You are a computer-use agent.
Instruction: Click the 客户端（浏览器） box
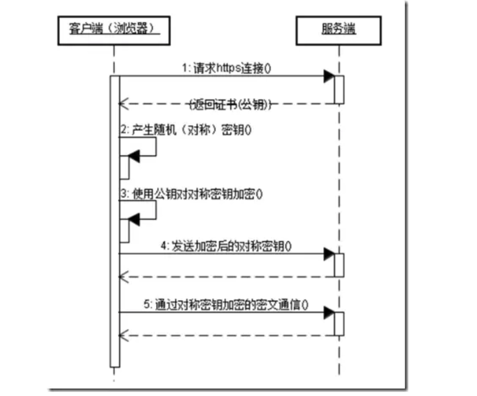point(113,30)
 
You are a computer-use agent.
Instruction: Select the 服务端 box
point(338,30)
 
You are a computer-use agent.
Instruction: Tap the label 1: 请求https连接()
point(226,68)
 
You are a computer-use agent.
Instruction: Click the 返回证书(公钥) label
point(231,104)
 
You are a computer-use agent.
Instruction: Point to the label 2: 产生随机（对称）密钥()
point(185,130)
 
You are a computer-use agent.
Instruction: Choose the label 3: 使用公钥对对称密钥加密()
point(191,194)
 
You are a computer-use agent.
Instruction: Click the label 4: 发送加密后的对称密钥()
point(226,246)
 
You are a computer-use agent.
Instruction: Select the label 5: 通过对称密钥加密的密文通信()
point(226,304)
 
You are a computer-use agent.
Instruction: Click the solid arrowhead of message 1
point(329,76)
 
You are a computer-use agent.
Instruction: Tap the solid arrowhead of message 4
point(329,254)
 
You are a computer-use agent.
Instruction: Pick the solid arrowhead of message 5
point(329,312)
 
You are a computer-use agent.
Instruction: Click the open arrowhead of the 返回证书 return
point(123,104)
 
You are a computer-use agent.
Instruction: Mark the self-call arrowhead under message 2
point(134,156)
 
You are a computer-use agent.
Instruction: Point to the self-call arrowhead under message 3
point(134,219)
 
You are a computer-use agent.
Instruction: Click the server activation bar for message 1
point(339,90)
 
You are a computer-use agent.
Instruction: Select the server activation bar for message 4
point(339,265)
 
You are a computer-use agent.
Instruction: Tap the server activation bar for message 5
point(339,324)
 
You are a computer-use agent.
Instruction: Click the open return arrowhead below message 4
point(123,277)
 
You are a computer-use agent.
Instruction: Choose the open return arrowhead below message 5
point(123,336)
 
